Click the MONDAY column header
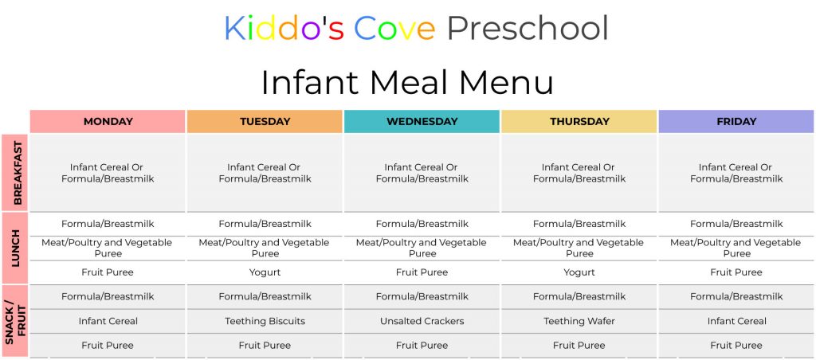[x=108, y=121]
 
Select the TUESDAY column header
[x=265, y=121]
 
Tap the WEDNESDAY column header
[x=422, y=121]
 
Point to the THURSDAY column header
[x=579, y=121]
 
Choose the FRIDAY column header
[x=736, y=121]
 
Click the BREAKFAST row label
[x=15, y=172]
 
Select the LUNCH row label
[x=15, y=248]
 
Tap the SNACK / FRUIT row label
[x=15, y=321]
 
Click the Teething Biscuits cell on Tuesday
[x=265, y=321]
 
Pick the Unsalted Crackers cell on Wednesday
[x=422, y=321]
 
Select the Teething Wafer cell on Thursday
[x=579, y=321]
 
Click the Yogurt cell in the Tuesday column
[x=265, y=272]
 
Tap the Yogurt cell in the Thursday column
[x=579, y=272]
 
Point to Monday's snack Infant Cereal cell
[x=108, y=321]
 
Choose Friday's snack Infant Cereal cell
[x=736, y=321]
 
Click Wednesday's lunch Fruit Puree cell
[x=422, y=272]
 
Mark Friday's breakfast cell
[x=736, y=173]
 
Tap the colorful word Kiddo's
[x=284, y=29]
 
